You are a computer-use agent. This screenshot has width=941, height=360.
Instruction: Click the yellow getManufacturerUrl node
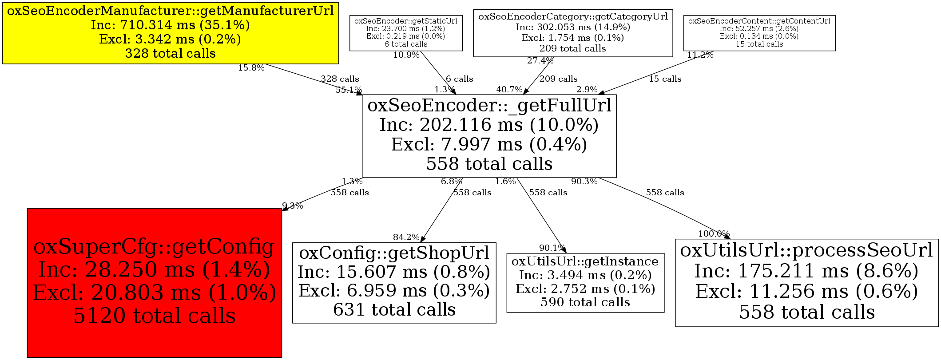[170, 33]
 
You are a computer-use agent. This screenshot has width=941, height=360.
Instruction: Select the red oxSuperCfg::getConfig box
[154, 282]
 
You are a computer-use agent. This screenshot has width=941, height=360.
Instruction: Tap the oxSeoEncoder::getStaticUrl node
[406, 33]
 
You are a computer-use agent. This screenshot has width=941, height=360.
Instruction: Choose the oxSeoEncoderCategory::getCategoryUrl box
[573, 33]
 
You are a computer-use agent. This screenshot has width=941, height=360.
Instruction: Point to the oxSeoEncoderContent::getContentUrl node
[759, 33]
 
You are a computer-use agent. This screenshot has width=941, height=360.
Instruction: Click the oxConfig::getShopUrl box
[394, 282]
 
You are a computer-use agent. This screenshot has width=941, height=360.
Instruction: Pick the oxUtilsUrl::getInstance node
[585, 282]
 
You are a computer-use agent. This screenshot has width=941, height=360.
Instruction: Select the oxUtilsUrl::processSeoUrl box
[806, 282]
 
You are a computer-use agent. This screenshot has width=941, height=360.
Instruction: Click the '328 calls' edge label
[340, 79]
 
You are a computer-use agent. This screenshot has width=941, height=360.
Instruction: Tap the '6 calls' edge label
[459, 79]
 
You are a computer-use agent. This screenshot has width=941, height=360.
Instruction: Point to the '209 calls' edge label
[558, 79]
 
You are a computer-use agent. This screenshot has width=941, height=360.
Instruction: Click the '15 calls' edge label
[665, 79]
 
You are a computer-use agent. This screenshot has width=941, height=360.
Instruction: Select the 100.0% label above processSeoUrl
[714, 234]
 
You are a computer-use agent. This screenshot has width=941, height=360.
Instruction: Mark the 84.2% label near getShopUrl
[406, 237]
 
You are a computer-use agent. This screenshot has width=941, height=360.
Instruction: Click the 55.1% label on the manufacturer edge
[349, 90]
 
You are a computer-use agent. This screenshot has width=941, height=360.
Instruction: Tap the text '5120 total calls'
[154, 316]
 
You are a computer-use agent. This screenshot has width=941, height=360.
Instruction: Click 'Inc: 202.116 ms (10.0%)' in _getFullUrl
[489, 125]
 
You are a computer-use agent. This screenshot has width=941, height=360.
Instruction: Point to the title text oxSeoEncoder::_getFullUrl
[489, 106]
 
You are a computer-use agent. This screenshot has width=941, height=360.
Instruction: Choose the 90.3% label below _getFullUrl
[584, 182]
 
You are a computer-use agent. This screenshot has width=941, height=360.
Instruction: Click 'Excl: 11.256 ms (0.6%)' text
[806, 292]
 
